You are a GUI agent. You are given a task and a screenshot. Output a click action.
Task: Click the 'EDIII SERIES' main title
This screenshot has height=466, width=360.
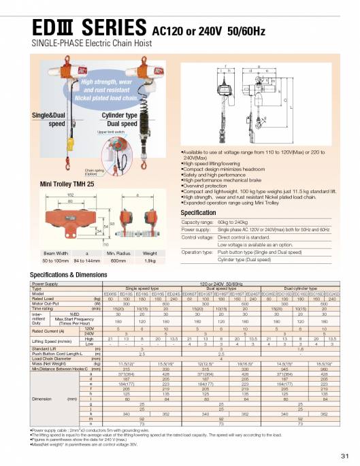point(76,27)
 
